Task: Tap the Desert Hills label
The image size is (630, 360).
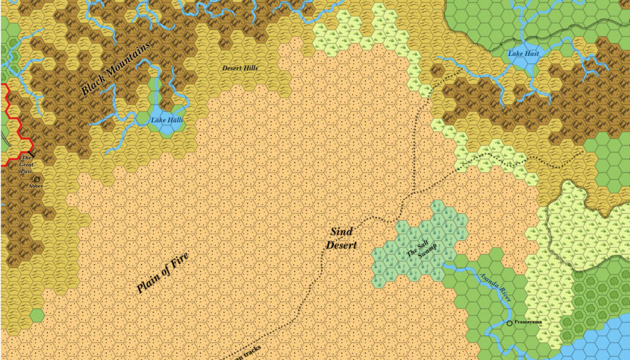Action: point(241,68)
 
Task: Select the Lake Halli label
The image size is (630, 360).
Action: point(167,120)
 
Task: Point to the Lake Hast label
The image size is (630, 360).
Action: point(524,54)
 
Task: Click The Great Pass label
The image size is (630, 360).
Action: point(26,166)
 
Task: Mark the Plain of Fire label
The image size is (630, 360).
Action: point(162,273)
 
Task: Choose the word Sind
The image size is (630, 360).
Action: point(341,232)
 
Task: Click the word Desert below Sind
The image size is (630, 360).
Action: point(341,245)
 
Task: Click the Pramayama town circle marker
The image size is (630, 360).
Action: point(509,322)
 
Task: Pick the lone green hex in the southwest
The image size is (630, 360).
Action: point(37,316)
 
